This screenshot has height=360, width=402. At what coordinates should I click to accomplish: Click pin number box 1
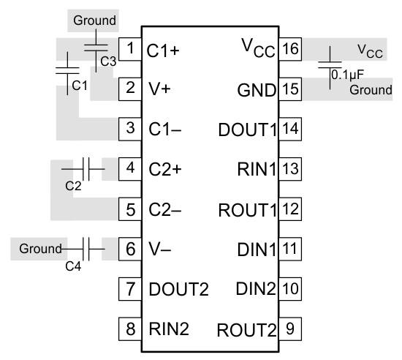click(x=130, y=50)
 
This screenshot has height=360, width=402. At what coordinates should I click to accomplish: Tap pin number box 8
click(x=130, y=328)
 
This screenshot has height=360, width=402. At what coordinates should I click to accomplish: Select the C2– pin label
click(x=163, y=209)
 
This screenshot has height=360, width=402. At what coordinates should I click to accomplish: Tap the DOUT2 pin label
click(x=178, y=288)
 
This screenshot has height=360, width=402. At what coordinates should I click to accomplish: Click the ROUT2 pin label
click(x=246, y=329)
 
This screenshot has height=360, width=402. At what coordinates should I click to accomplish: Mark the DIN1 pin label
click(x=257, y=249)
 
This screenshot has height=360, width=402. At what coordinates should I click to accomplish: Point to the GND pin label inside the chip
click(x=257, y=90)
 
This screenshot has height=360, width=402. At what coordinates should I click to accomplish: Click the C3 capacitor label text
click(x=109, y=61)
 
